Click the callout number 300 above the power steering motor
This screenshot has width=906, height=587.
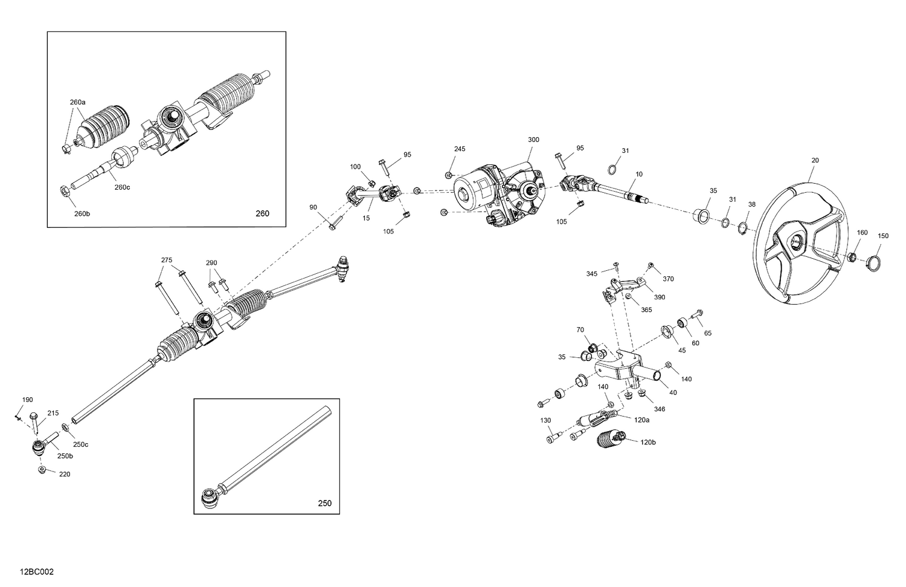533,140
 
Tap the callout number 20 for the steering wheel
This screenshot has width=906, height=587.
815,160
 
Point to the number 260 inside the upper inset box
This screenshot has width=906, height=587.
263,213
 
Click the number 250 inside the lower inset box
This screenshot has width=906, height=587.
324,503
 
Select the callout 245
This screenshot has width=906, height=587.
460,149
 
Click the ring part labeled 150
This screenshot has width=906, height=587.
874,262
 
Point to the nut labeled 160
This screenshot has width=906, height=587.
850,256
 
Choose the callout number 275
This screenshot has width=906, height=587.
167,260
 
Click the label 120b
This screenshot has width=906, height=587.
648,443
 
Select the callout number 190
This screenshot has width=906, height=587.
28,400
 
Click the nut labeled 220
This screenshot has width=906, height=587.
42,470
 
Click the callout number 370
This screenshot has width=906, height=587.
668,279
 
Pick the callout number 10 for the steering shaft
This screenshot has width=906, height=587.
639,174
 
